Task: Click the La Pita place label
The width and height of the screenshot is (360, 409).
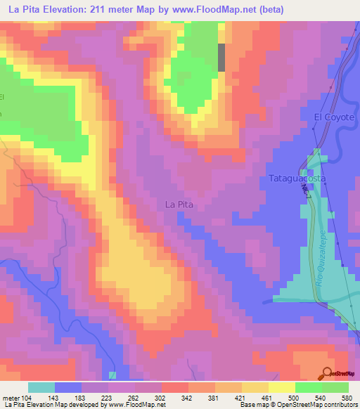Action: coord(179,204)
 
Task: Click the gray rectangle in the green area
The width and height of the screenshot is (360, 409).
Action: coord(222,58)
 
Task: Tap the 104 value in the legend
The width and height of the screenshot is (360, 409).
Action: coord(27,398)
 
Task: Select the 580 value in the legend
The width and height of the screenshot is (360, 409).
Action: coord(346,398)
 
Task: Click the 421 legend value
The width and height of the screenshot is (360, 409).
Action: coord(240,398)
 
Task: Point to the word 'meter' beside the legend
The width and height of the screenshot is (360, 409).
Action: coord(10,398)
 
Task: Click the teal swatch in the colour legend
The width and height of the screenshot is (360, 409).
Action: coord(41,387)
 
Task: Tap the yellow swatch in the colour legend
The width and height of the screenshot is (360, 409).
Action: coord(281,387)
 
